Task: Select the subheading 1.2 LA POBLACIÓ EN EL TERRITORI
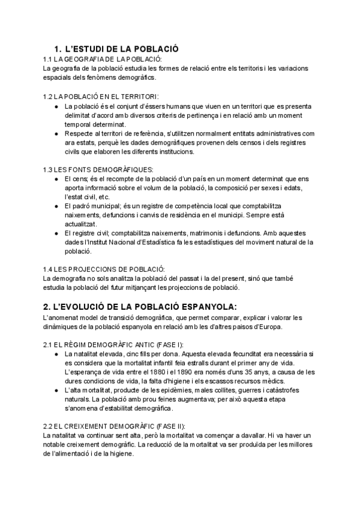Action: (x=101, y=96)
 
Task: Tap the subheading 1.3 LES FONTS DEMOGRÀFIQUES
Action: (x=98, y=170)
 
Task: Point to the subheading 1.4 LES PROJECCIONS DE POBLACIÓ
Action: (x=104, y=268)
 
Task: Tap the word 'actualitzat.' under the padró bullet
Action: (x=80, y=224)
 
